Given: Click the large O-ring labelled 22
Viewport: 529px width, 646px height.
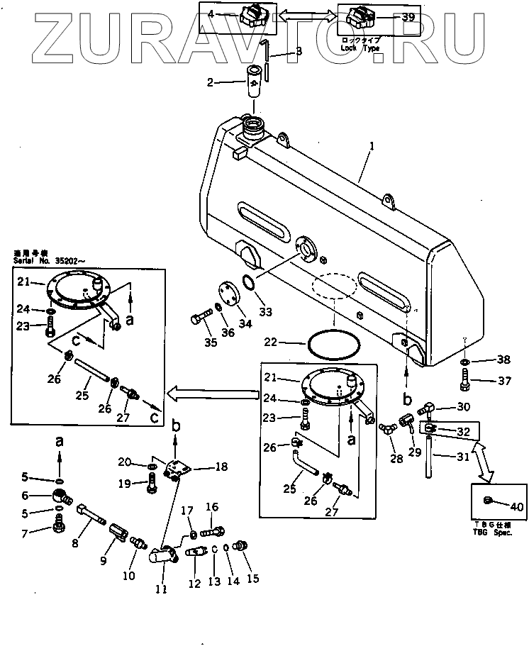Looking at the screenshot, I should click(x=331, y=343).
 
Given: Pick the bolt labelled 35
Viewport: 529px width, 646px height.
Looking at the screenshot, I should click(x=201, y=319).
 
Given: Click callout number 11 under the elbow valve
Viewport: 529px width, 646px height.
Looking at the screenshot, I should click(x=162, y=588).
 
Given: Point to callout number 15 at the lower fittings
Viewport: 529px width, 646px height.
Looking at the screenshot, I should click(x=252, y=579).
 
